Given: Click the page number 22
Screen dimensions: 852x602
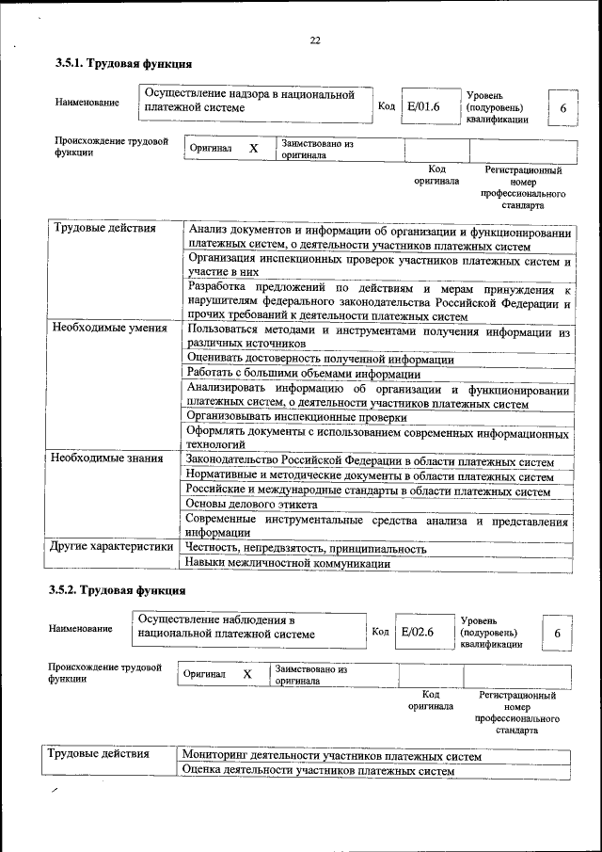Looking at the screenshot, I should click(315, 39).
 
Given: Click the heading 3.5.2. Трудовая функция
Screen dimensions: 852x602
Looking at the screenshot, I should click(118, 590).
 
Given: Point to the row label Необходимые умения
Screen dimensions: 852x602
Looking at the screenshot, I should click(109, 329).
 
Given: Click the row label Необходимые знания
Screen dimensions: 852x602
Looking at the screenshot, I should click(107, 458).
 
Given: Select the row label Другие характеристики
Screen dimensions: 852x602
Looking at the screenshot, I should click(112, 546).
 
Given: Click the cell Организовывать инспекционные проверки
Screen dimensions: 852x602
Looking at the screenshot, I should click(295, 416).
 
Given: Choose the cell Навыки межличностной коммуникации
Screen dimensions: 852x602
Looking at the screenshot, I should click(287, 563).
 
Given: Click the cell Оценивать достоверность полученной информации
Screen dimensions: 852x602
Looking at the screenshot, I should click(320, 359).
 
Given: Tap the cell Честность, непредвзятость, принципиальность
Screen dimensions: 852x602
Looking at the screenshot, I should click(306, 547).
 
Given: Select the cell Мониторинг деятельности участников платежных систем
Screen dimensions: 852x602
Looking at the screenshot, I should click(332, 756).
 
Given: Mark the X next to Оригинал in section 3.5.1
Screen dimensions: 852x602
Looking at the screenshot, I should click(253, 149).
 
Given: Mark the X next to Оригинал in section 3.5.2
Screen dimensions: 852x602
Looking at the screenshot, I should click(247, 675).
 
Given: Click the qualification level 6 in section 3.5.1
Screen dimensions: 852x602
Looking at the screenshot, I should click(562, 108).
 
